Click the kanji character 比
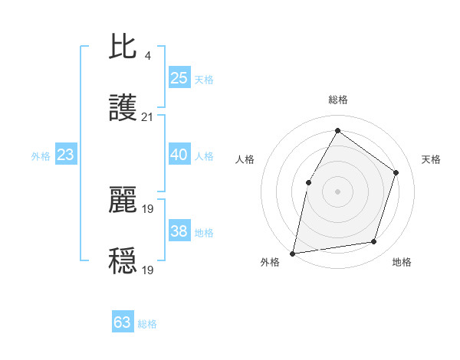pos(123,47)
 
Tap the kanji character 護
pos(123,110)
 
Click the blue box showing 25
pos(179,77)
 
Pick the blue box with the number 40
pos(179,155)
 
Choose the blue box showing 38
pos(179,231)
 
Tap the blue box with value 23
pos(65,155)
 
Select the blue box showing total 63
pos(123,322)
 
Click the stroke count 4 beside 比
pos(147,55)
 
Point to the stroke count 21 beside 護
pos(147,117)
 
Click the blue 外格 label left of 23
pos(41,155)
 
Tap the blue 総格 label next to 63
pos(147,323)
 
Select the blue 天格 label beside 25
pos(204,79)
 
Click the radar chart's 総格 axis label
pos(337,100)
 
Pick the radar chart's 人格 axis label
pos(245,159)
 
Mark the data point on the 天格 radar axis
pos(396,172)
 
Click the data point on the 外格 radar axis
pos(292,253)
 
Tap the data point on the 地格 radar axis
pos(374,242)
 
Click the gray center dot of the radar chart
pos(337,191)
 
